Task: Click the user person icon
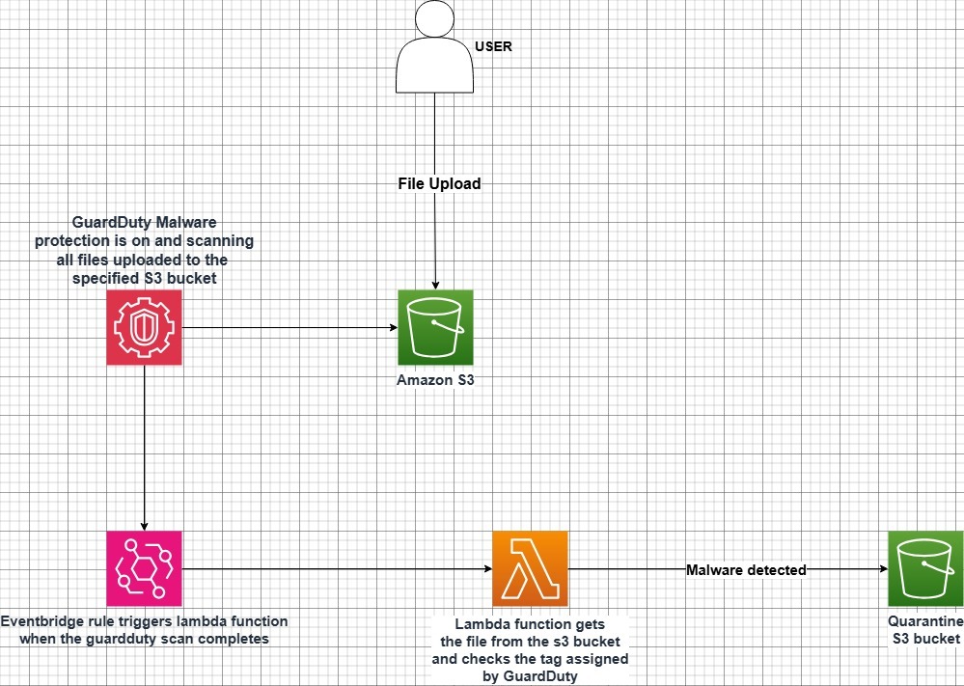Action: (x=434, y=48)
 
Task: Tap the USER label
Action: (x=493, y=45)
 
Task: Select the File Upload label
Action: (x=439, y=183)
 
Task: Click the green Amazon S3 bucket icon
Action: (x=435, y=327)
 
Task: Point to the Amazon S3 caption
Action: (x=435, y=380)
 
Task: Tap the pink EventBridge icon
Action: (x=144, y=568)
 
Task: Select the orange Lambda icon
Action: (x=530, y=568)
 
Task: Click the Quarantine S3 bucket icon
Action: (x=925, y=568)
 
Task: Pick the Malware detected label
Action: (x=746, y=570)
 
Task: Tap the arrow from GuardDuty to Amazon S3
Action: (x=289, y=327)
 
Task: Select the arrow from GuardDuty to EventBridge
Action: (x=144, y=444)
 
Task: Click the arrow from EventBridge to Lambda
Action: (x=338, y=568)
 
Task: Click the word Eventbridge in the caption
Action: (x=40, y=620)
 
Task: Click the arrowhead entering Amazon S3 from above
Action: (x=435, y=284)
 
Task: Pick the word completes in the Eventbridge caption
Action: (x=236, y=638)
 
